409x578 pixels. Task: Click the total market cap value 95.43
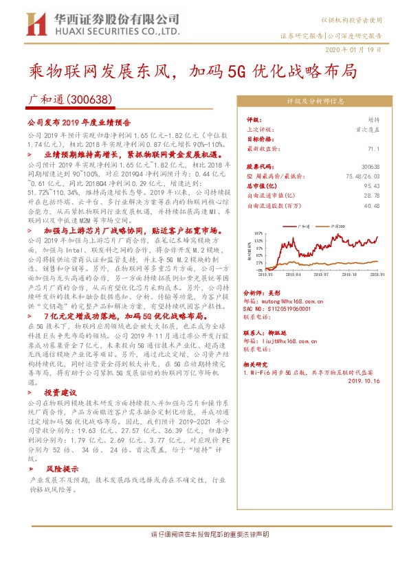(371, 185)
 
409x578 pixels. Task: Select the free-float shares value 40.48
(371, 205)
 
